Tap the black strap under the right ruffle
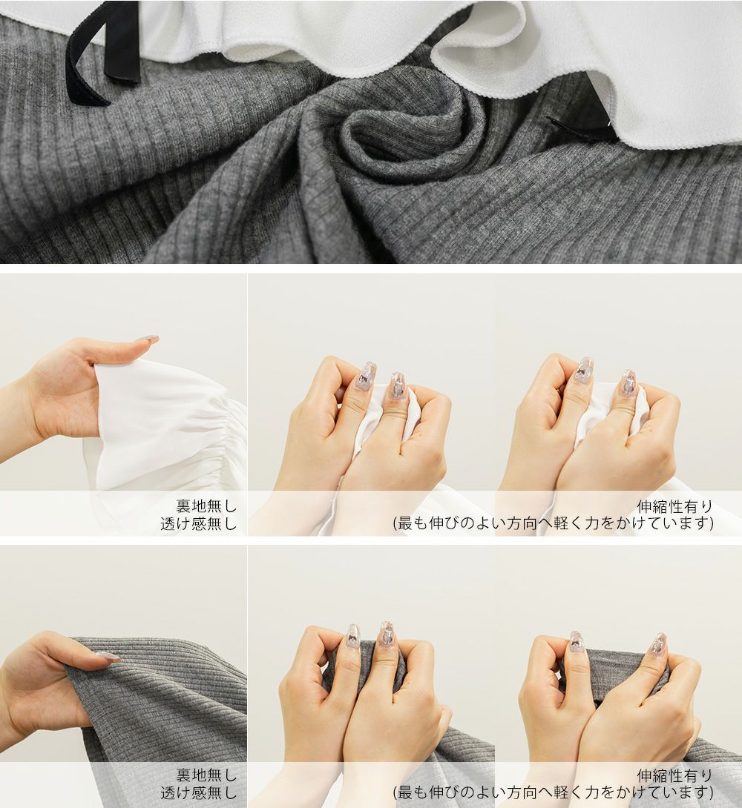click(580, 130)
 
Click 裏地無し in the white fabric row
click(206, 506)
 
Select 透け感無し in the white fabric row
click(199, 523)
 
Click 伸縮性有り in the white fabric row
click(675, 506)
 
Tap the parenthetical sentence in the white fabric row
click(554, 523)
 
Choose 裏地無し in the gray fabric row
click(206, 775)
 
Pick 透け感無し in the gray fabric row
click(199, 792)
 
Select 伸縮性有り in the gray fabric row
click(675, 775)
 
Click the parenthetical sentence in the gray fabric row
click(554, 792)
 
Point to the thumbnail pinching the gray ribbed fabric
click(105, 657)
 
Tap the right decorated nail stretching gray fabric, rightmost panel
click(657, 647)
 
